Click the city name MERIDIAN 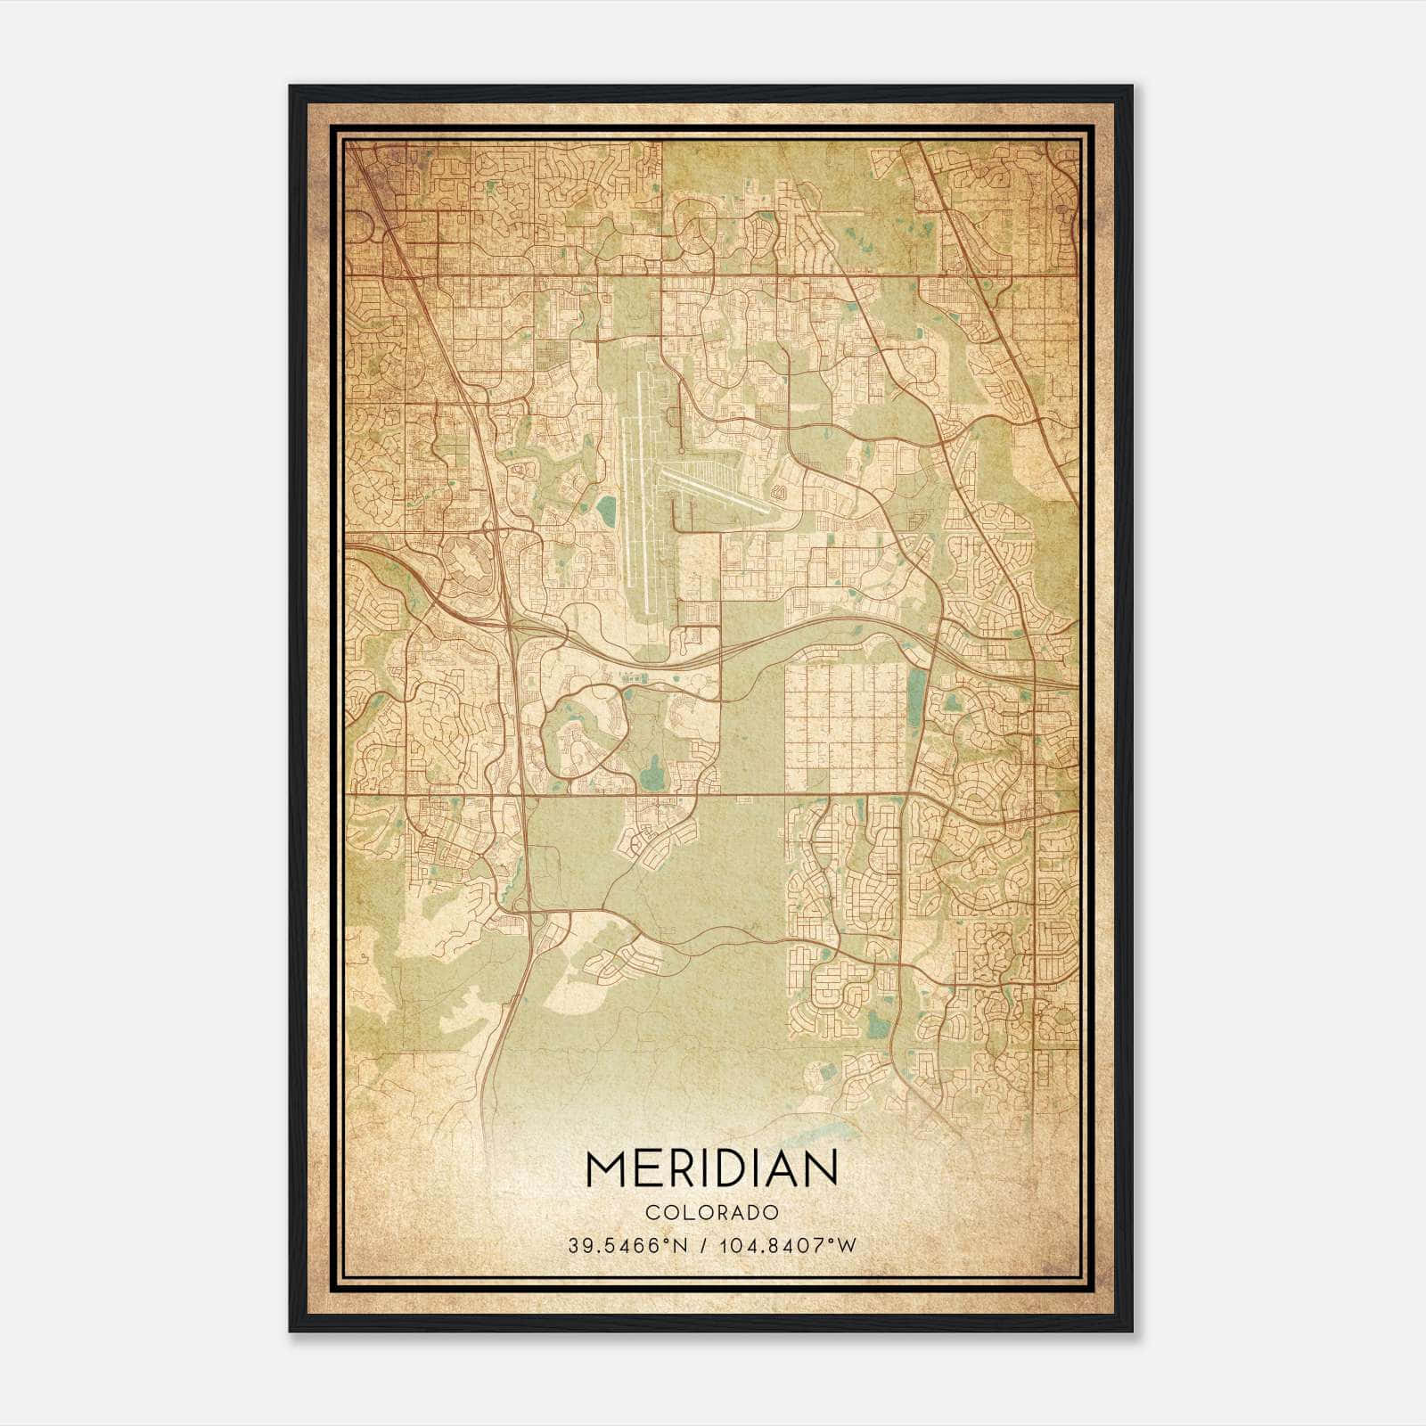point(711,1168)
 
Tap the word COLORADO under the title point(711,1213)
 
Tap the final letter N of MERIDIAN point(820,1168)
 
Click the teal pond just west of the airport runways point(606,510)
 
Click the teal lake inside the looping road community point(652,766)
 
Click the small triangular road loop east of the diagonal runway point(781,491)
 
